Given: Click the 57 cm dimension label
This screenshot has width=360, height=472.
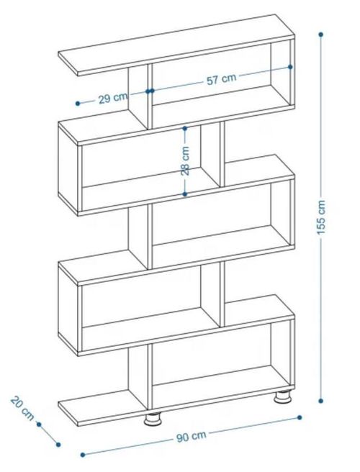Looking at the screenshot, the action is pyautogui.click(x=222, y=79).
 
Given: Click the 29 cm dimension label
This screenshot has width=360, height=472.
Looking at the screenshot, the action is pyautogui.click(x=113, y=98).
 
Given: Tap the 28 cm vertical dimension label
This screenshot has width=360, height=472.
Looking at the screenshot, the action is pyautogui.click(x=185, y=160).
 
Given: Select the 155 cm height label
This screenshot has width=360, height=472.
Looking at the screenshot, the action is pyautogui.click(x=321, y=217).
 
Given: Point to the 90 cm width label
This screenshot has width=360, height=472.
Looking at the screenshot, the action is pyautogui.click(x=192, y=437).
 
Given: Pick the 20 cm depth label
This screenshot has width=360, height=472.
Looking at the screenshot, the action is pyautogui.click(x=22, y=409).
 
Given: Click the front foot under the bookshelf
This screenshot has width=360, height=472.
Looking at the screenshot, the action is pyautogui.click(x=153, y=419).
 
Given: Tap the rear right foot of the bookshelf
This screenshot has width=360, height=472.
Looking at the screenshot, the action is pyautogui.click(x=282, y=396).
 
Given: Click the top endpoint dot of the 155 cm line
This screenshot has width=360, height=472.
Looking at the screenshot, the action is pyautogui.click(x=321, y=35).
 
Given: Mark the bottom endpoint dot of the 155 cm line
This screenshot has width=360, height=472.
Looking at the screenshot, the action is pyautogui.click(x=321, y=401).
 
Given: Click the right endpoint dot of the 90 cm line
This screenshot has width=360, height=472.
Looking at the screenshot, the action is pyautogui.click(x=300, y=417).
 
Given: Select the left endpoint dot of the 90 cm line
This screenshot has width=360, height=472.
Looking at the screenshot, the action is pyautogui.click(x=83, y=455).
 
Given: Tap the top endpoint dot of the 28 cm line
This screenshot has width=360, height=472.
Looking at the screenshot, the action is pyautogui.click(x=185, y=129).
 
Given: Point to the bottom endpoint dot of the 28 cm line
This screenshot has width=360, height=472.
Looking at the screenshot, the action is pyautogui.click(x=185, y=194).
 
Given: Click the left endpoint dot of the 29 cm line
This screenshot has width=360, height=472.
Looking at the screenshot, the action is pyautogui.click(x=78, y=104).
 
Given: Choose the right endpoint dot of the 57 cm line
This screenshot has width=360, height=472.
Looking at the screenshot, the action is pyautogui.click(x=290, y=67).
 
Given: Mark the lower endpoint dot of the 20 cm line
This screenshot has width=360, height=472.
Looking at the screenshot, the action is pyautogui.click(x=58, y=445).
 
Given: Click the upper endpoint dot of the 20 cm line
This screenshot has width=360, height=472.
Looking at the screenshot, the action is pyautogui.click(x=39, y=425).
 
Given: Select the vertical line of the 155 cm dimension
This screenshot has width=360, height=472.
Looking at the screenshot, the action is pyautogui.click(x=321, y=217).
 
